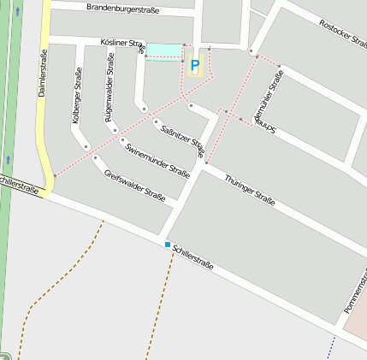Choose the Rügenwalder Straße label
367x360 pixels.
coord(110,91)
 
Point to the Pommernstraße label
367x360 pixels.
coord(354,296)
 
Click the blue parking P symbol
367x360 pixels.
coord(195,65)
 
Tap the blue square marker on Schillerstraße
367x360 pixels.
coord(168,245)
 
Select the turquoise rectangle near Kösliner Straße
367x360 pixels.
coord(164,51)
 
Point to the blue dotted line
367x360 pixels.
coord(333,346)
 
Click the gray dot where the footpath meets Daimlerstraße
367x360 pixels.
coord(56,176)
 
